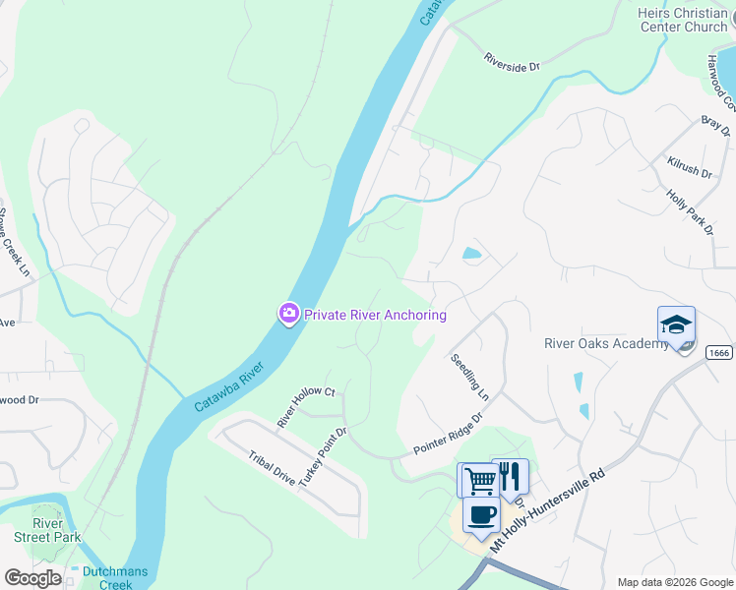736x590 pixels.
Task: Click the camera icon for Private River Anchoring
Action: pyautogui.click(x=288, y=315)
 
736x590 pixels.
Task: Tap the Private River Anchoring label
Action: pyautogui.click(x=375, y=315)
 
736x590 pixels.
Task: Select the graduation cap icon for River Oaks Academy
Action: pyautogui.click(x=676, y=324)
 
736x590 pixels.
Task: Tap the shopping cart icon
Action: pyautogui.click(x=479, y=481)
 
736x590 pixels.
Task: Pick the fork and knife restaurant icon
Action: pyautogui.click(x=509, y=477)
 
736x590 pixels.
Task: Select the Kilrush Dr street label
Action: pyautogui.click(x=689, y=165)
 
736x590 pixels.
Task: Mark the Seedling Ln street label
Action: pyautogui.click(x=469, y=378)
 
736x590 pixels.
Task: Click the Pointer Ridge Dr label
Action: pyautogui.click(x=449, y=434)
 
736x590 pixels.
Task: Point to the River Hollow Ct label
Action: pyautogui.click(x=306, y=406)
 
